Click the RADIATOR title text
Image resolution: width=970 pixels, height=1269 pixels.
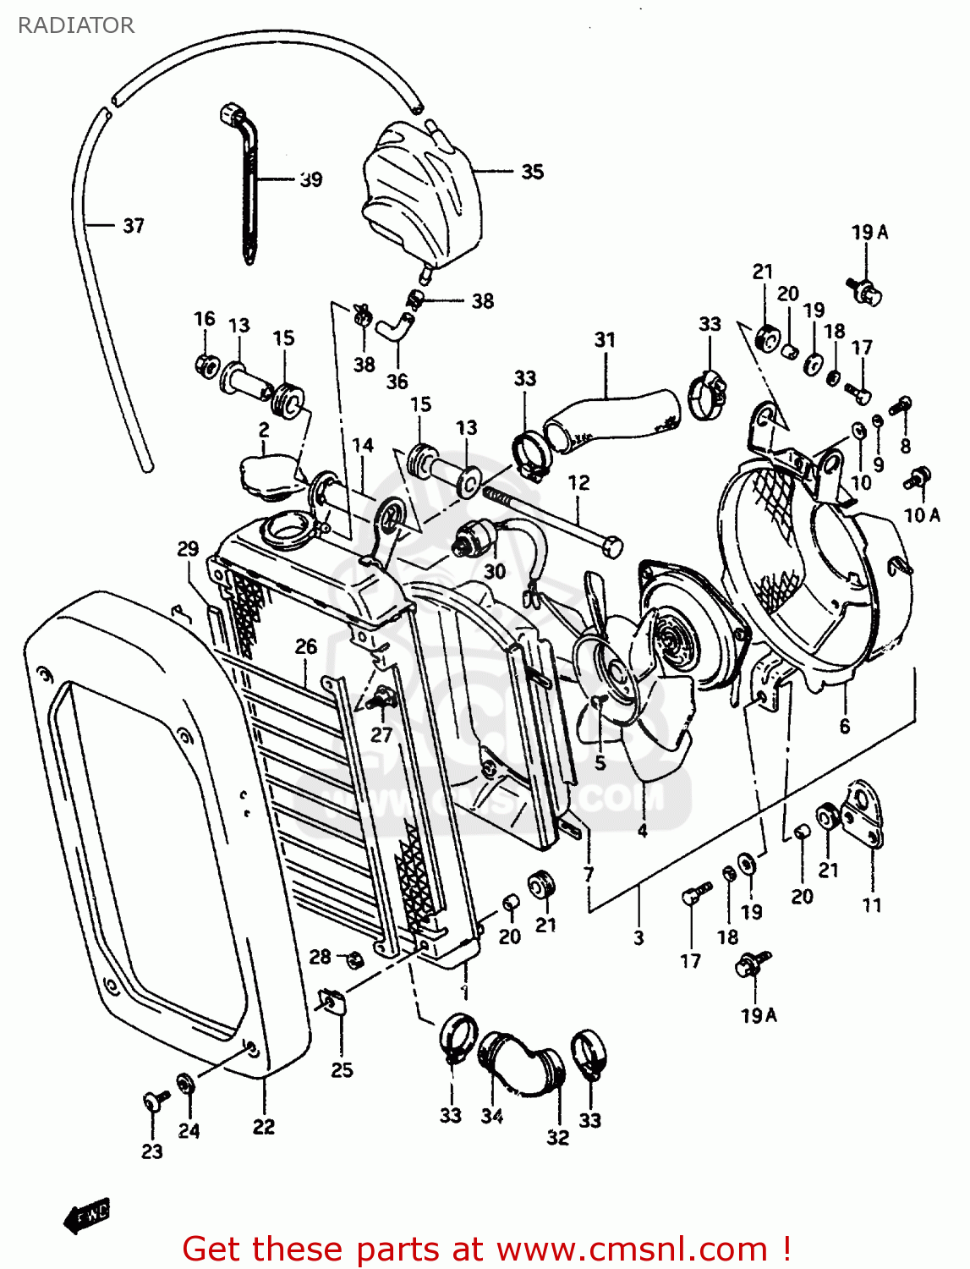coord(75,25)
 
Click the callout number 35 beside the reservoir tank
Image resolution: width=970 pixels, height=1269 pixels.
coord(532,172)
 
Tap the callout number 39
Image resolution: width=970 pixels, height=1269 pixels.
coord(310,179)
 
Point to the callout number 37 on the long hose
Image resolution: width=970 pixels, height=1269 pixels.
coord(134,225)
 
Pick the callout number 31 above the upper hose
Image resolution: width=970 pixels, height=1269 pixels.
coord(605,339)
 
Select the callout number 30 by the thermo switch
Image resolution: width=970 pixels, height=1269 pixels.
coord(495,571)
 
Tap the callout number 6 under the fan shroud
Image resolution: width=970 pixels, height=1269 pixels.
coord(844,725)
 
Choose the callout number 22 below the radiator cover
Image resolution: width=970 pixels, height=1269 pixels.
coord(264,1126)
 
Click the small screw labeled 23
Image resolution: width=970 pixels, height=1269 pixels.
coord(153,1100)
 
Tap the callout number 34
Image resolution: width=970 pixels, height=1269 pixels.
coord(492,1116)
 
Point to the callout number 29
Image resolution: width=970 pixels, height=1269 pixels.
coord(188,548)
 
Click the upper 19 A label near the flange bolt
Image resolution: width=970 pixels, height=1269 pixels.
coord(869,232)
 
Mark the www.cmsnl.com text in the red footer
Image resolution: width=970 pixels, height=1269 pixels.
coord(632,1249)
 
